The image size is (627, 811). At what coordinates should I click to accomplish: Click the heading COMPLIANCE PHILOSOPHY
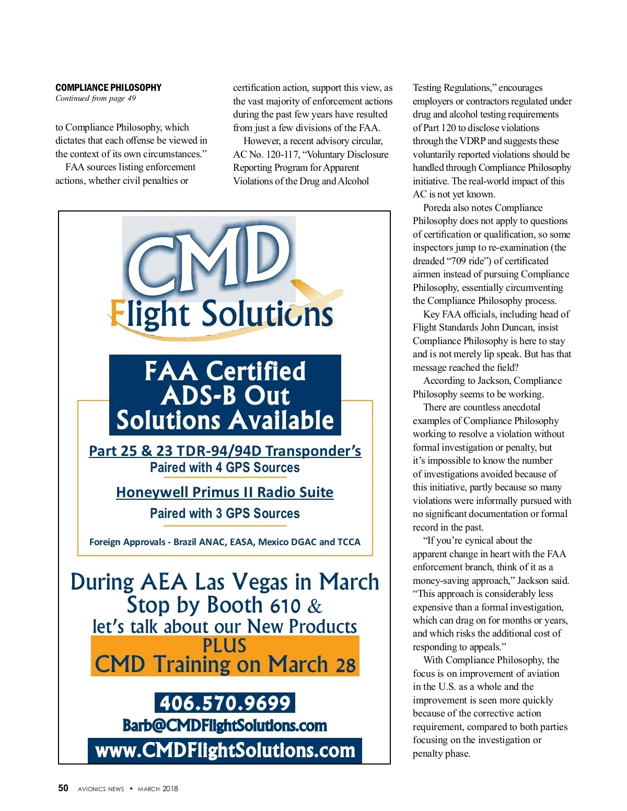tap(108, 87)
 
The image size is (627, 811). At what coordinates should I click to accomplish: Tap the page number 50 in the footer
tap(63, 788)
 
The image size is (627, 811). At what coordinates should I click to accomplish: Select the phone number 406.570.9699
tap(225, 703)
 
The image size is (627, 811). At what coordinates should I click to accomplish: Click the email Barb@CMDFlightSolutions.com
tap(225, 726)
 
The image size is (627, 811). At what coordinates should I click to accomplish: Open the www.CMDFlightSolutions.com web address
tap(225, 750)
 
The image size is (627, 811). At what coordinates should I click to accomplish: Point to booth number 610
tap(285, 606)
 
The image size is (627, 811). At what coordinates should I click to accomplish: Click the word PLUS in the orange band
tap(225, 646)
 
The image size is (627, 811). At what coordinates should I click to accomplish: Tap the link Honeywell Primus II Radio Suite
tap(225, 492)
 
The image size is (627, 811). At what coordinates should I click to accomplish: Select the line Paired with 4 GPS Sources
tap(225, 467)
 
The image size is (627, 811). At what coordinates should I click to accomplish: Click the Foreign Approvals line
tap(225, 542)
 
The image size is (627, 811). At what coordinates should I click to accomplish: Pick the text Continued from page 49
tap(96, 98)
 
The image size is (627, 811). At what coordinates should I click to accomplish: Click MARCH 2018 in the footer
tap(158, 789)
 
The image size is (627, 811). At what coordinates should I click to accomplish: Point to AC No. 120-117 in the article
tap(263, 155)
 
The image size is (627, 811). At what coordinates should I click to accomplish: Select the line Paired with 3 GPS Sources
tap(225, 513)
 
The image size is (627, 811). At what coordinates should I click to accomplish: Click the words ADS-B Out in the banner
tap(225, 396)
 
